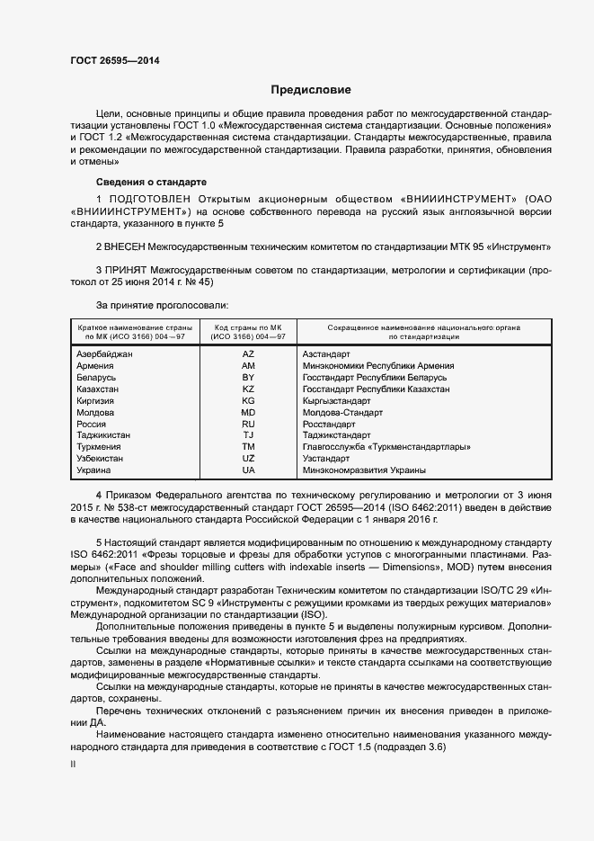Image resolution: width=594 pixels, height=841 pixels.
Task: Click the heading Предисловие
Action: pos(311,90)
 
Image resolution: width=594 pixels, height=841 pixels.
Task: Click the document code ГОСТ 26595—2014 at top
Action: pos(109,60)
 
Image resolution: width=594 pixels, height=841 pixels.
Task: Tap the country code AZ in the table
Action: pos(249,354)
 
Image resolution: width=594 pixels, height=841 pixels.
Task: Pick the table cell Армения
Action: pos(95,366)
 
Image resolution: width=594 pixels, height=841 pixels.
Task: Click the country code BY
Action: pos(249,378)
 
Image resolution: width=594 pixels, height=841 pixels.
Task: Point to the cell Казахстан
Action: pos(98,389)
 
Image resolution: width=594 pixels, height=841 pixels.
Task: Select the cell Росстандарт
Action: pos(329,424)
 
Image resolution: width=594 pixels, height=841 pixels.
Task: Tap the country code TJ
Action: pos(249,435)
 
